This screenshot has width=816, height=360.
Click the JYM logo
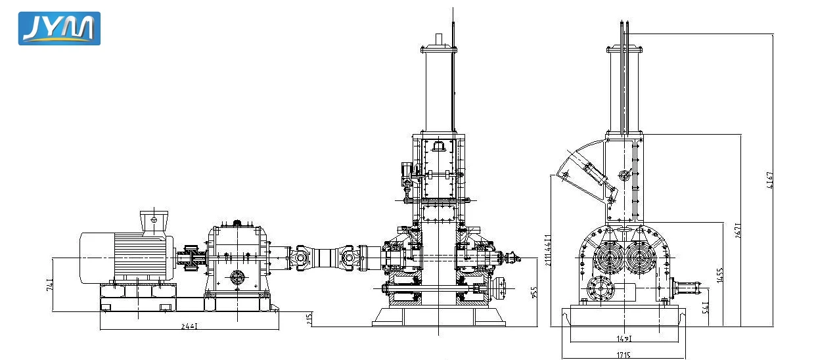(x=59, y=28)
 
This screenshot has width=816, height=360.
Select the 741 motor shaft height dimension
(x=51, y=284)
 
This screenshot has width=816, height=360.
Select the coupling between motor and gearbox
(x=191, y=258)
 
